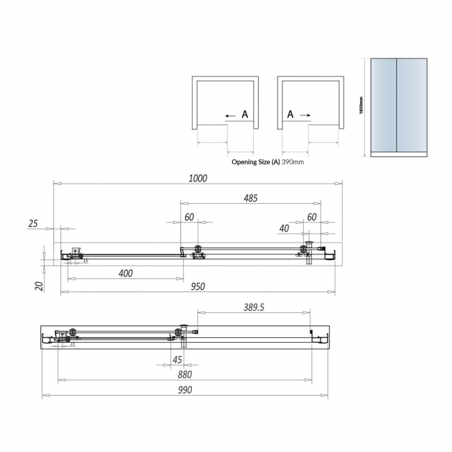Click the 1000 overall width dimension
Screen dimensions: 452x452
pos(198,178)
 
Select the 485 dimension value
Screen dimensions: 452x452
pos(250,198)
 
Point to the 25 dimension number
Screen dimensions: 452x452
pos(33,224)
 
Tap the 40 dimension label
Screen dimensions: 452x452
pos(284,228)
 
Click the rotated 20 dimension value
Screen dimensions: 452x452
pos(40,286)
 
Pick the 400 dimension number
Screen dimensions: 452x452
pos(125,273)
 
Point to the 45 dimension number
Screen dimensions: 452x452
pos(177,360)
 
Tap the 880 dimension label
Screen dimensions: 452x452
pos(184,374)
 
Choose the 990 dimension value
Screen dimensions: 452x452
pos(184,390)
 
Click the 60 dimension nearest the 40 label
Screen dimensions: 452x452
pos(312,217)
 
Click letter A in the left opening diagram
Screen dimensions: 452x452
pos(244,115)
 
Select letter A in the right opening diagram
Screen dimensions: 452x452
pos(289,115)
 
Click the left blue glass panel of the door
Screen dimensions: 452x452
pos(383,104)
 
